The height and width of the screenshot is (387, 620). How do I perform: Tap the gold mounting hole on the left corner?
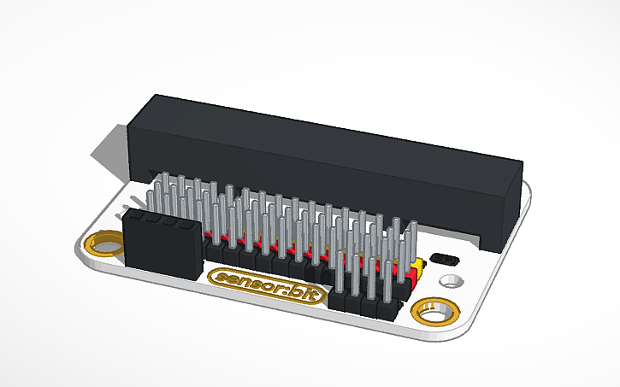(104, 245)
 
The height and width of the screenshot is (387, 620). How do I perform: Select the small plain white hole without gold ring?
(449, 280)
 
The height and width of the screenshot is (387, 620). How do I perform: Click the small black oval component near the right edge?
(446, 258)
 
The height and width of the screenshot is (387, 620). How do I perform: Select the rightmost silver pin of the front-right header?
(396, 273)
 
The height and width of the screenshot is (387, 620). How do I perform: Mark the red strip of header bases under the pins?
(282, 249)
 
